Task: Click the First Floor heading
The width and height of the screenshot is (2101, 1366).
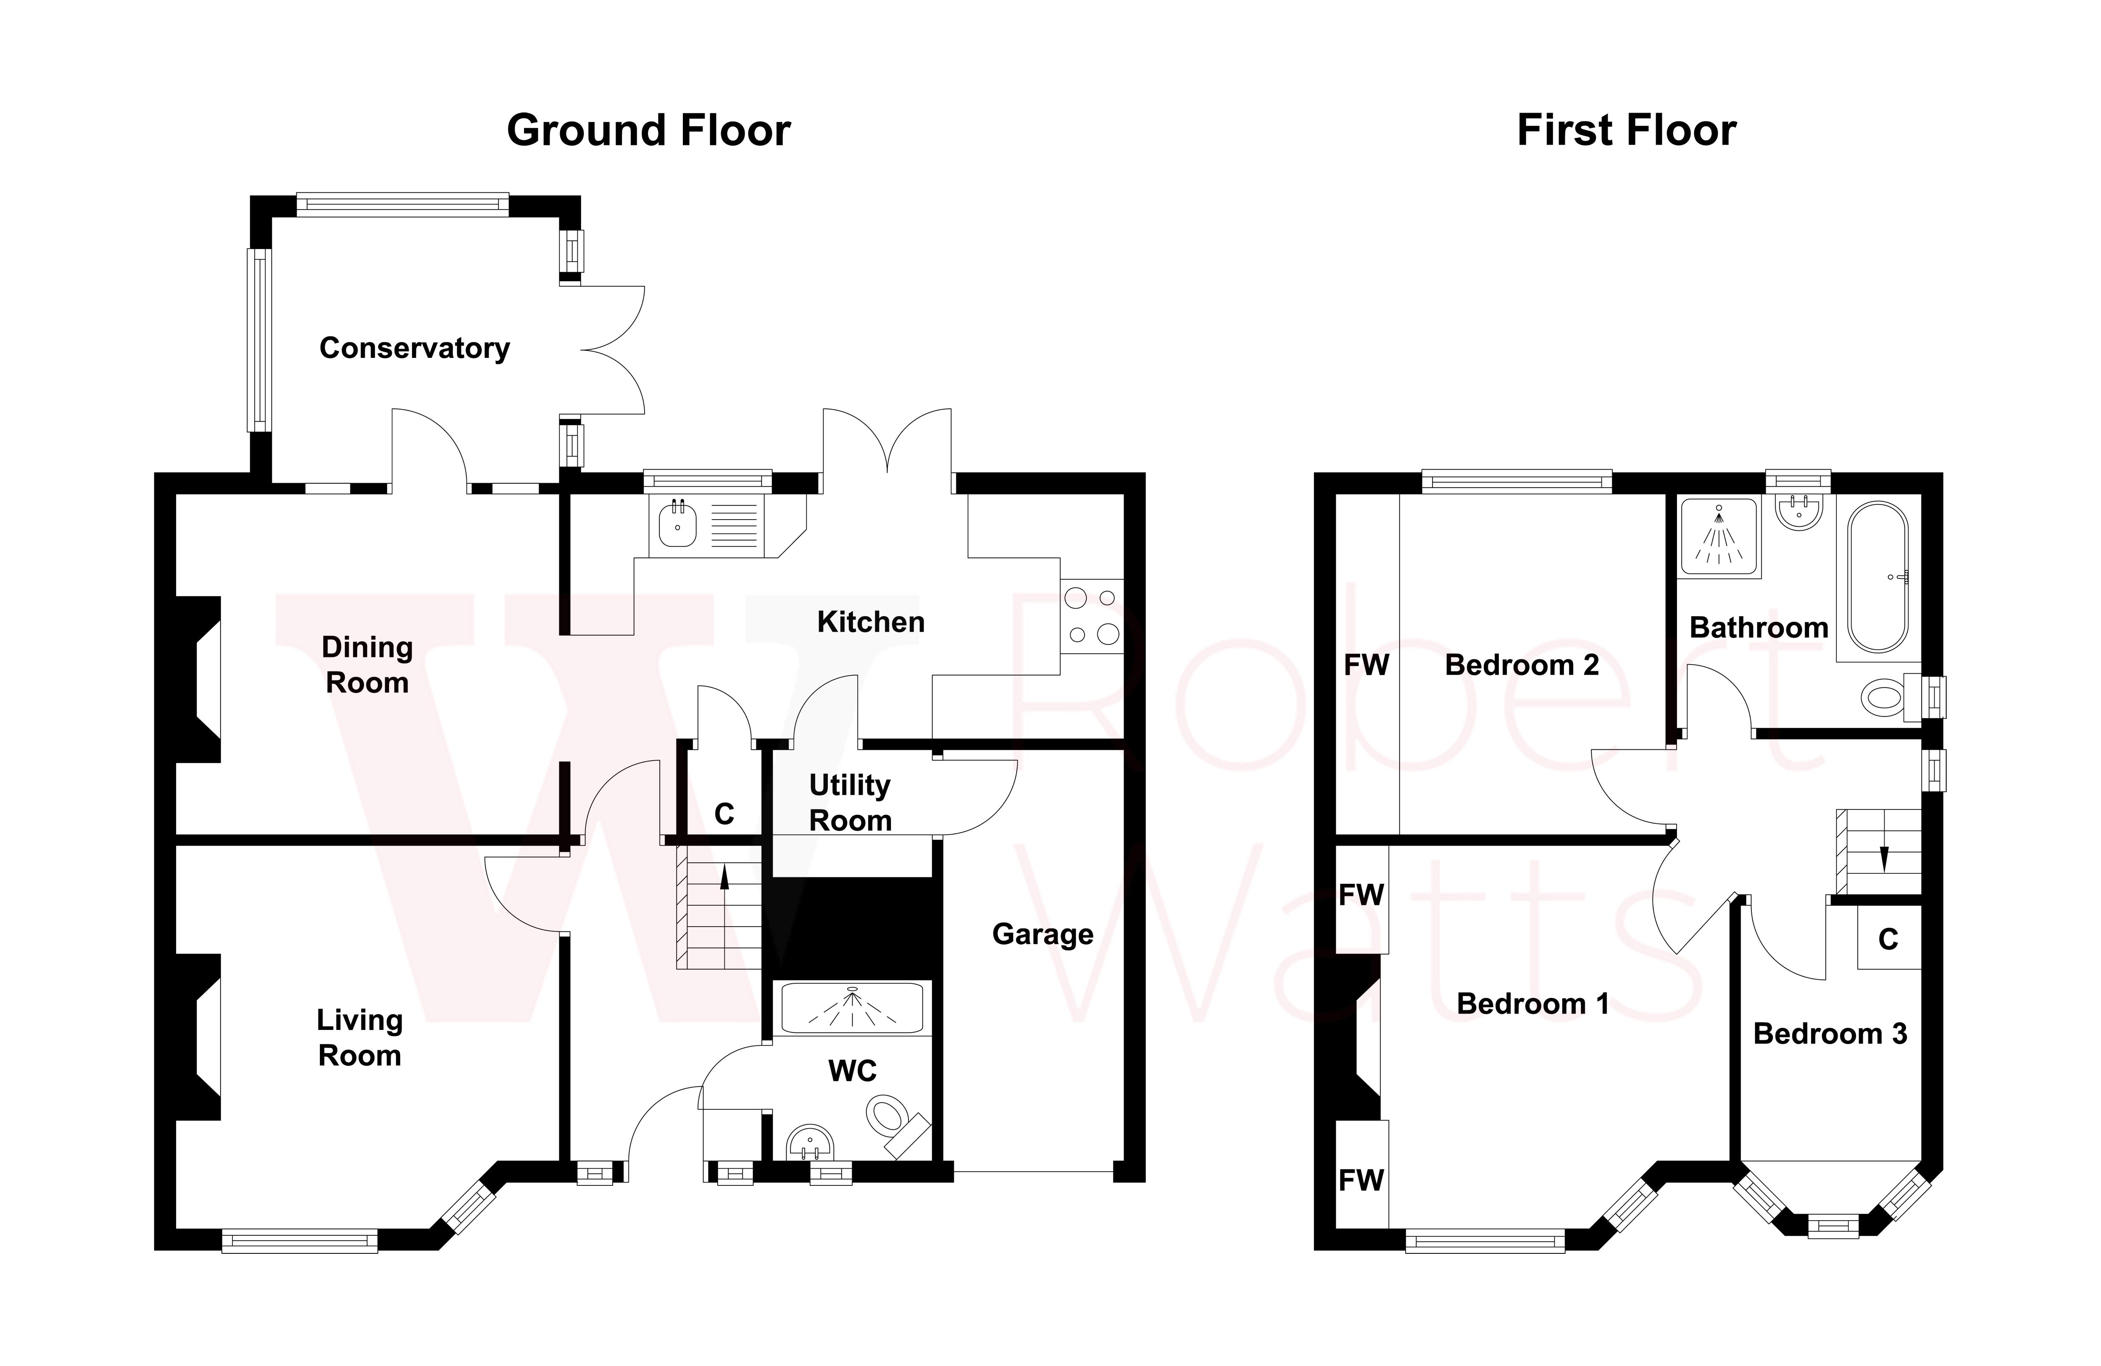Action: pos(1626,131)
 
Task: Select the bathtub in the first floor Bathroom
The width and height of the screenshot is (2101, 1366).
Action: pos(1877,577)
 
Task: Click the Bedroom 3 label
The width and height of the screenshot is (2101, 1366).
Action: pos(1829,1033)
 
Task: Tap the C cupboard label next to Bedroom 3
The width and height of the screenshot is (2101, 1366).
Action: pos(1888,940)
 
